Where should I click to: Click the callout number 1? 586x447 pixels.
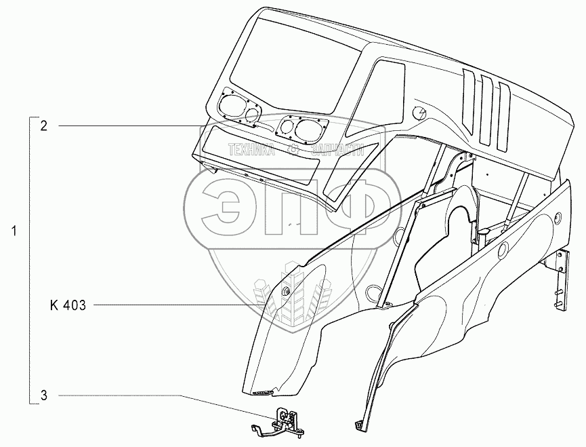click(15, 232)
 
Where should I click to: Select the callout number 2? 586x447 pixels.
click(43, 125)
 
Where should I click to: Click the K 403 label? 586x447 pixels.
click(68, 306)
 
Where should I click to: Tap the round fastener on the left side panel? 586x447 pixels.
click(285, 292)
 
